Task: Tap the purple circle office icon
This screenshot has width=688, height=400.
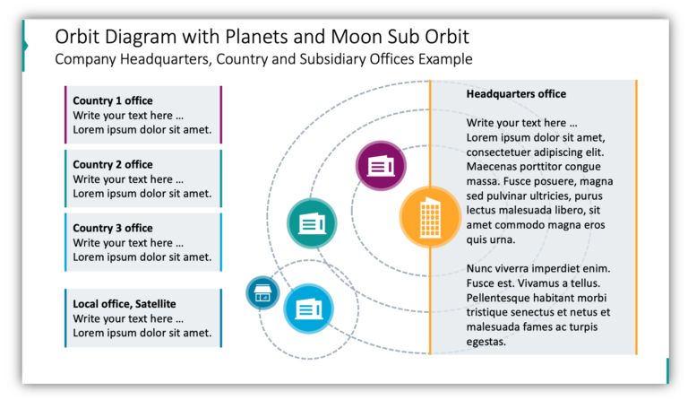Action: (381, 166)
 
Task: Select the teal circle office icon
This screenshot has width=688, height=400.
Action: (312, 223)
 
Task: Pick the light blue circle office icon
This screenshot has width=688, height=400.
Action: (308, 309)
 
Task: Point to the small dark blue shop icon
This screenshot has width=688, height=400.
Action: (262, 292)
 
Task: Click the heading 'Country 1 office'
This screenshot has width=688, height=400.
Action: (113, 100)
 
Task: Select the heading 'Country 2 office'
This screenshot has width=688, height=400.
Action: (113, 164)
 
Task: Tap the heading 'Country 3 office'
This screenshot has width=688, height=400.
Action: (113, 228)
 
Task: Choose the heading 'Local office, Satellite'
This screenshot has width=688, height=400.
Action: (125, 304)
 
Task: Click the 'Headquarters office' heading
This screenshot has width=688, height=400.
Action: (516, 93)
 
